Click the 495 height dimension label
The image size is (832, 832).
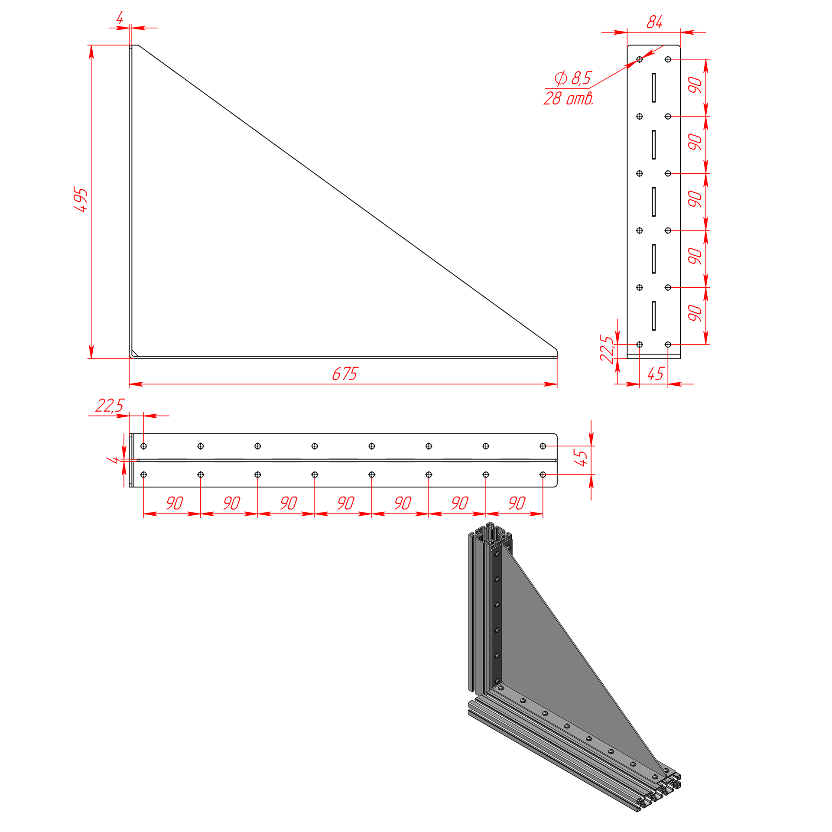(x=81, y=200)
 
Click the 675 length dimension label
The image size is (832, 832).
(x=345, y=374)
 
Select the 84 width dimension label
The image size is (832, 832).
(x=654, y=22)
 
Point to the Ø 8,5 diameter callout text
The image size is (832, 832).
(x=573, y=78)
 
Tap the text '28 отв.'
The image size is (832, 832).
(x=568, y=98)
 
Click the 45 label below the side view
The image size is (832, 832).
(x=656, y=374)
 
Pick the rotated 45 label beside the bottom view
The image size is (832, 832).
(x=580, y=458)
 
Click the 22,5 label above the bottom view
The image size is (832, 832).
(x=110, y=406)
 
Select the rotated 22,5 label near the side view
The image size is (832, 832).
(x=607, y=348)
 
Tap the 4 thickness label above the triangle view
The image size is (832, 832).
(x=120, y=18)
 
